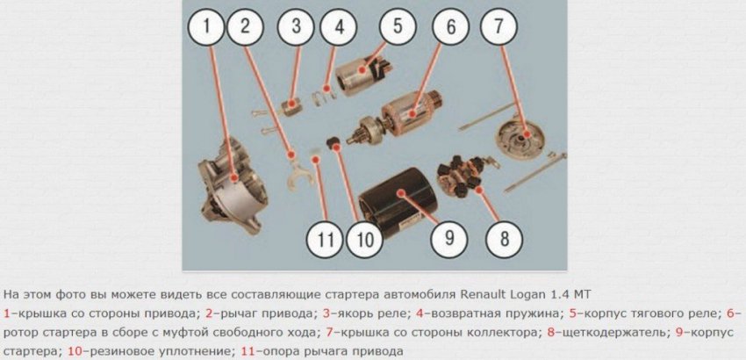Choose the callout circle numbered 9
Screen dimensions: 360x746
(x=448, y=236)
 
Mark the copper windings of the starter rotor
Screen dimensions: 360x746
(x=404, y=114)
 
